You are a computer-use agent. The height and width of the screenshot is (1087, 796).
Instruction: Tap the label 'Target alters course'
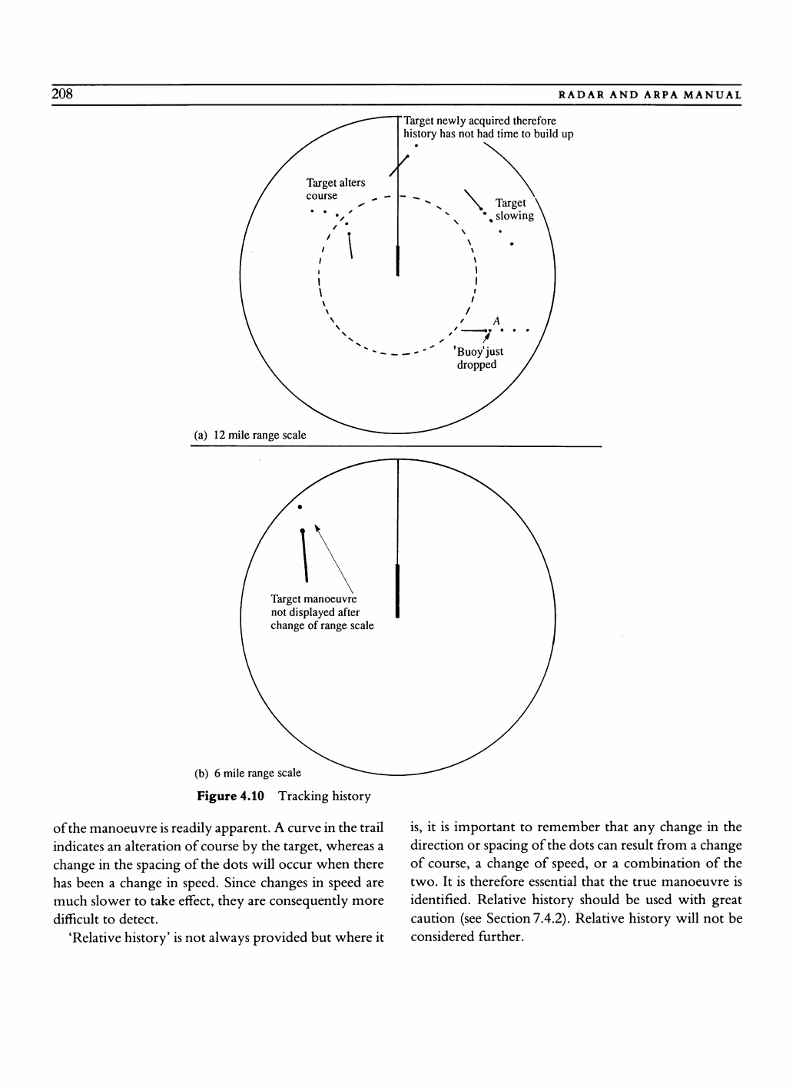point(335,189)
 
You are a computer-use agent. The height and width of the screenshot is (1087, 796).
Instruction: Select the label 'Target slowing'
point(513,209)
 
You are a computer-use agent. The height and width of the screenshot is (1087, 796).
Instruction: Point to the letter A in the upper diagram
point(496,320)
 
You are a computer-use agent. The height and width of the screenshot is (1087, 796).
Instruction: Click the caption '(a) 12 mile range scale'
point(249,436)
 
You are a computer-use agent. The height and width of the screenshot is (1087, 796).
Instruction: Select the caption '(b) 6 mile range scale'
point(247,773)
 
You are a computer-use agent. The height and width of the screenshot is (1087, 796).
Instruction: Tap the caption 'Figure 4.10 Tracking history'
point(284,796)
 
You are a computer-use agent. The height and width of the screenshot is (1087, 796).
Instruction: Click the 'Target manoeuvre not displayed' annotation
point(322,612)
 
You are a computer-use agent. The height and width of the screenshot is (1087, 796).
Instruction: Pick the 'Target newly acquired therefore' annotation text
point(479,121)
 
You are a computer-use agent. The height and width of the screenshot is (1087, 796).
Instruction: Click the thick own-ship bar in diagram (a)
point(397,260)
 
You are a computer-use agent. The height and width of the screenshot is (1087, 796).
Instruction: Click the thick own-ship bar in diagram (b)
point(397,590)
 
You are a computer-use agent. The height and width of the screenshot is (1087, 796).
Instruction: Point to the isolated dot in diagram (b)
point(300,507)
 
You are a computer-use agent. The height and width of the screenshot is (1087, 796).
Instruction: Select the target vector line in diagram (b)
point(305,555)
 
